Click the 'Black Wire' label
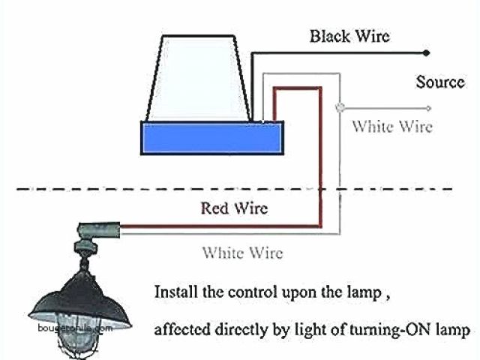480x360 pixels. (349, 36)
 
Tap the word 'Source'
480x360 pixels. (440, 82)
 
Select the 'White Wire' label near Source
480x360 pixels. (392, 126)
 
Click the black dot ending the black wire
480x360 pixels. (427, 52)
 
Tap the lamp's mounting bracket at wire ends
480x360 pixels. (97, 229)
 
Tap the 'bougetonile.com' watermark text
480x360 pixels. (72, 328)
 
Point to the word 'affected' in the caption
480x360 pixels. (179, 328)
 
